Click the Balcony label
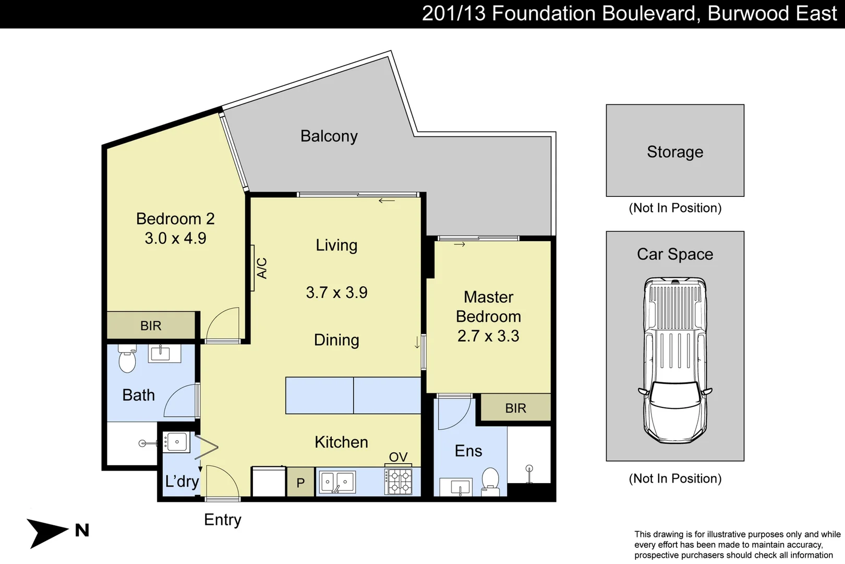click(329, 136)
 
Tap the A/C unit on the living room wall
click(252, 268)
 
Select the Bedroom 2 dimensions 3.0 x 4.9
click(175, 238)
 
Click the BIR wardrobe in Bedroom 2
click(151, 325)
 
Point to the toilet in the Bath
click(127, 359)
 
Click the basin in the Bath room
click(161, 354)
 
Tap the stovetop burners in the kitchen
click(399, 481)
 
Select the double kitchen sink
click(337, 481)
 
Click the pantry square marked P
click(300, 483)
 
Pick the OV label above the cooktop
click(398, 457)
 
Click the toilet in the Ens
click(490, 481)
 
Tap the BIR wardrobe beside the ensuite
click(515, 408)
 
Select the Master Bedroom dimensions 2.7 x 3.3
click(488, 336)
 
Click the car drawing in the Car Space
click(675, 360)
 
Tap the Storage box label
click(675, 152)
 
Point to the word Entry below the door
click(223, 520)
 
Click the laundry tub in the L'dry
click(176, 442)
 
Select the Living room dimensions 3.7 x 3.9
click(336, 292)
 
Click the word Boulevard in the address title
click(649, 14)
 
